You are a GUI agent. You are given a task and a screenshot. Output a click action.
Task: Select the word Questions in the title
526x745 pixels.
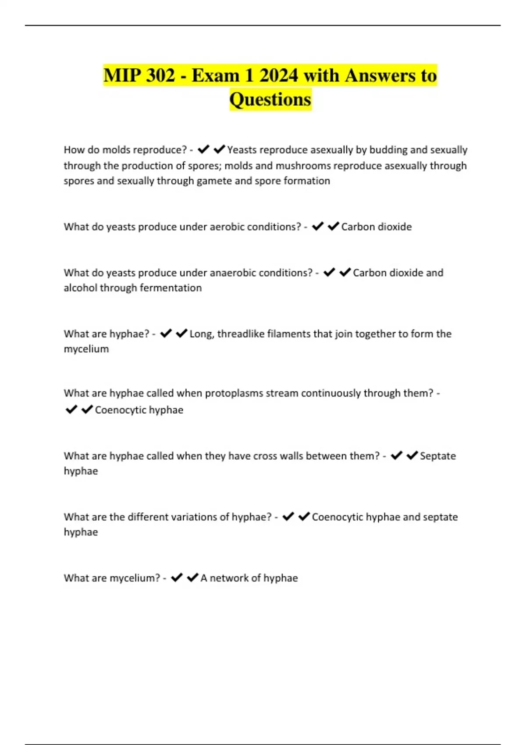click(270, 99)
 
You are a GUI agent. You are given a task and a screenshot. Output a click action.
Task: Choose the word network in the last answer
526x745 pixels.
click(229, 578)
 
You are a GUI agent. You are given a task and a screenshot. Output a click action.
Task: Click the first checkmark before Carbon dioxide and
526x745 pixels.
click(329, 273)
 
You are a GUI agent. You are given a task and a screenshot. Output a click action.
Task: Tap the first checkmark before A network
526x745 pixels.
click(177, 578)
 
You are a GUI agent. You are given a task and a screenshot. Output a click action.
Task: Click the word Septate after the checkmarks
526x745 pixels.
click(437, 456)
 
